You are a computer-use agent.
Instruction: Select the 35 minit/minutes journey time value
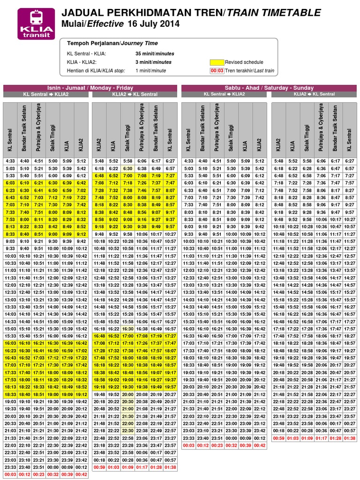153,53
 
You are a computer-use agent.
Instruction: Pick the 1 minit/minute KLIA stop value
150,71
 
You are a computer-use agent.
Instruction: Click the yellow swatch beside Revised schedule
216,62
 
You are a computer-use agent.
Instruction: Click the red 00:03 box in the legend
216,71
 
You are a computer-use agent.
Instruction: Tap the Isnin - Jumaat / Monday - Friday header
90,88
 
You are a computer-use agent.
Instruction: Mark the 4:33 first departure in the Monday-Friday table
10,161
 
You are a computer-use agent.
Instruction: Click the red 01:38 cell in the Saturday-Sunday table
349,438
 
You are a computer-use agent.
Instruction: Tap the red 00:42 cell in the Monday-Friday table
81,474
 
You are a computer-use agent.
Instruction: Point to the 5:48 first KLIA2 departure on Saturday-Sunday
278,161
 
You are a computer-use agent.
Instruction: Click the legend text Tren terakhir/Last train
249,71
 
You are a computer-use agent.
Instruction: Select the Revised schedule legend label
244,62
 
